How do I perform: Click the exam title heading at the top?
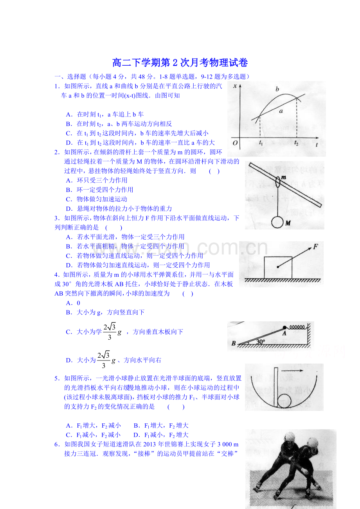point(180,63)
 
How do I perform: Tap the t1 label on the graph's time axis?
point(261,142)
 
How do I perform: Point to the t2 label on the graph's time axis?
point(296,143)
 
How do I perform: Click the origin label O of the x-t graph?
point(235,143)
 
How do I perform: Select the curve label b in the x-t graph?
point(277,89)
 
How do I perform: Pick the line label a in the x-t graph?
point(281,111)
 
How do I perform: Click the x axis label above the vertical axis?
point(235,86)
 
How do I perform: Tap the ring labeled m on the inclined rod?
point(278,181)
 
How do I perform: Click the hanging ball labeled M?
point(277,222)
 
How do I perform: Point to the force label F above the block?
point(315,246)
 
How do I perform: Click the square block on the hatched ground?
point(278,267)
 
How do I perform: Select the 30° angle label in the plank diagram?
point(261,342)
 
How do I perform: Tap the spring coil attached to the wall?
point(297,327)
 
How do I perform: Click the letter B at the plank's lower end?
point(234,343)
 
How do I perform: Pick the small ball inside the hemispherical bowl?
point(284,401)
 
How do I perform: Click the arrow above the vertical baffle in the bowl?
point(292,371)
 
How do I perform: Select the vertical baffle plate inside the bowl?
point(276,387)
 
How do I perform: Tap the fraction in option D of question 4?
point(103,360)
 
